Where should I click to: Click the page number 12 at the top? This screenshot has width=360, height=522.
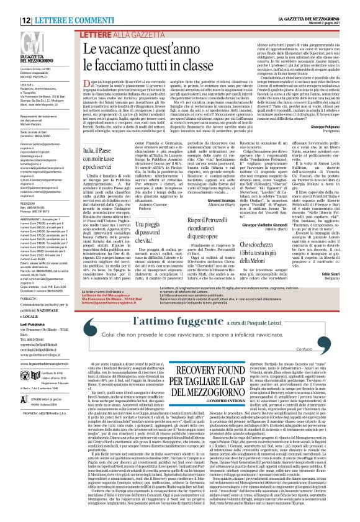click(x=11, y=4)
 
